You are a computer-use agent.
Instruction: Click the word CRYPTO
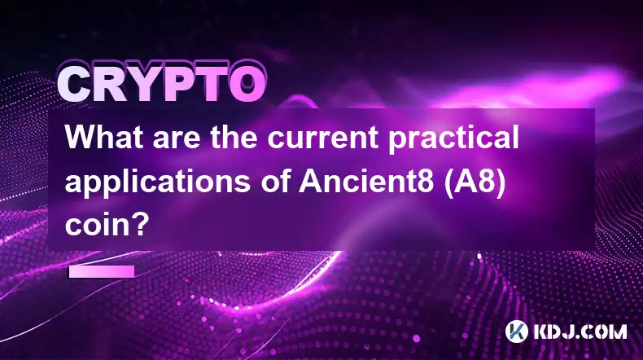click(162, 85)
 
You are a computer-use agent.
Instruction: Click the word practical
click(453, 139)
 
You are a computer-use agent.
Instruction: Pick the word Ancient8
click(366, 181)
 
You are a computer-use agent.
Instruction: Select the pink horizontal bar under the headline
click(102, 271)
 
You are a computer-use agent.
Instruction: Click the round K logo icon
click(516, 331)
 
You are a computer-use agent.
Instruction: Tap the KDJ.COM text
click(580, 331)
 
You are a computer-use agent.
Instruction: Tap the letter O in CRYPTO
click(247, 84)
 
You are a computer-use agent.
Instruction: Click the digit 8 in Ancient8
click(426, 182)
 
